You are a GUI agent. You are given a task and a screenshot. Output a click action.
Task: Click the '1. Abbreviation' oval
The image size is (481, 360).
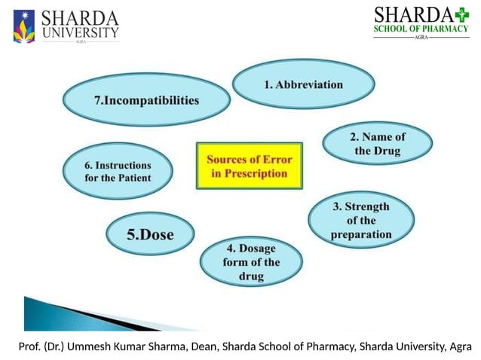pyautogui.click(x=303, y=85)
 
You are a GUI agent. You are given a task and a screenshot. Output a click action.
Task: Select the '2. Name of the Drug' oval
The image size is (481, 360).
pyautogui.click(x=377, y=144)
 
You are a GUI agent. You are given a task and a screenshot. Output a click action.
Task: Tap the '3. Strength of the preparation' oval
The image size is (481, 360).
pyautogui.click(x=361, y=220)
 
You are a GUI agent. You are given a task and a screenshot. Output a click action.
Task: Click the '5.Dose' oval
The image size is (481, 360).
pyautogui.click(x=149, y=234)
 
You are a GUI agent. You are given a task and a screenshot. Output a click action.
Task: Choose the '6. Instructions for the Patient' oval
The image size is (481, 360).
pyautogui.click(x=117, y=171)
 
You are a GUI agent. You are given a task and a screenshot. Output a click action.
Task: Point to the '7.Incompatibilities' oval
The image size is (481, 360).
pyautogui.click(x=146, y=99)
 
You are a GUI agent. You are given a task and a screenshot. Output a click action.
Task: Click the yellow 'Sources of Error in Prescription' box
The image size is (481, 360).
pyautogui.click(x=248, y=166)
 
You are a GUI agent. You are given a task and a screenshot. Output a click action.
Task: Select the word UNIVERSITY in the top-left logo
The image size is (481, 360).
pyautogui.click(x=80, y=32)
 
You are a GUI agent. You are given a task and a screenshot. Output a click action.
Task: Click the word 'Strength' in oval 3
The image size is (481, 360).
pyautogui.click(x=361, y=206)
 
